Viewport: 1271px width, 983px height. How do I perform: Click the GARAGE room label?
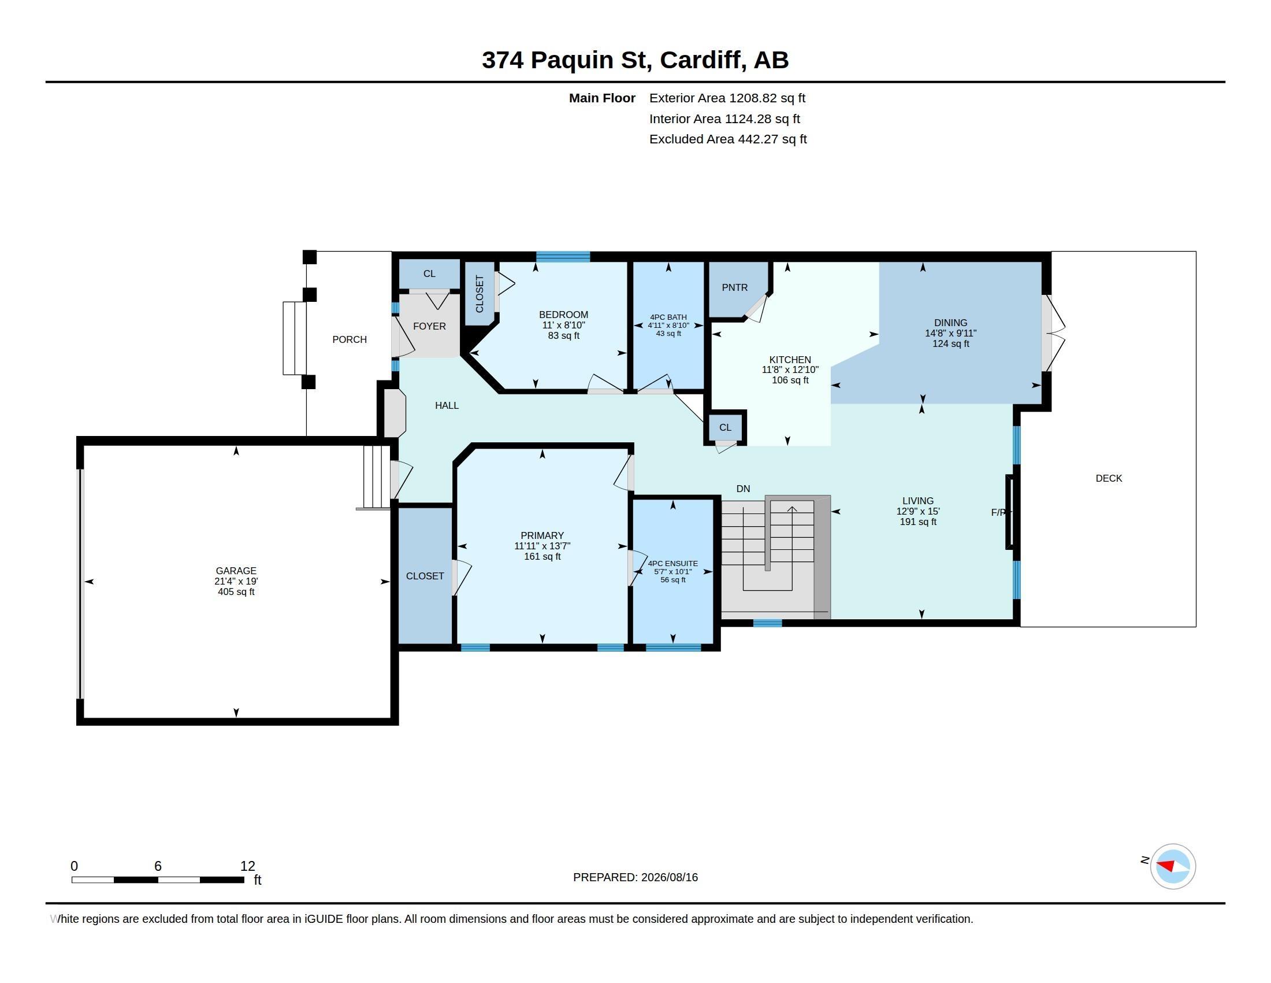236,571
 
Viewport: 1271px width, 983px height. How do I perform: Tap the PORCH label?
349,339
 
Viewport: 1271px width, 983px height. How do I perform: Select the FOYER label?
429,326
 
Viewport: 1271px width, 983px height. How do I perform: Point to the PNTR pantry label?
734,288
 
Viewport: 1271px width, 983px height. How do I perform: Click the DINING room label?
950,323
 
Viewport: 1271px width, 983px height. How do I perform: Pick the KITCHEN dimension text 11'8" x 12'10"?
790,370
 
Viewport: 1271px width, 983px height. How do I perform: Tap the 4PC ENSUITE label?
672,564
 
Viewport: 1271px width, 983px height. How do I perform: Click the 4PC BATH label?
668,317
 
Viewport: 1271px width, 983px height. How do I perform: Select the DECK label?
1109,478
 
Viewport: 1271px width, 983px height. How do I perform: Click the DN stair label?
743,489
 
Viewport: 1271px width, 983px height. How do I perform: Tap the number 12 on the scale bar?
247,866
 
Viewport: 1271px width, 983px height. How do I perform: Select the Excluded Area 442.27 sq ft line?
728,139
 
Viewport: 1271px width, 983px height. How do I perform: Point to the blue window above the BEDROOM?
563,257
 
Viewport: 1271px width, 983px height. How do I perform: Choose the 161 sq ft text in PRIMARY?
542,557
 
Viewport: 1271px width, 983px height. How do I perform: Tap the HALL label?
447,405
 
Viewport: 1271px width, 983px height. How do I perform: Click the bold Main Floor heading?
602,98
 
